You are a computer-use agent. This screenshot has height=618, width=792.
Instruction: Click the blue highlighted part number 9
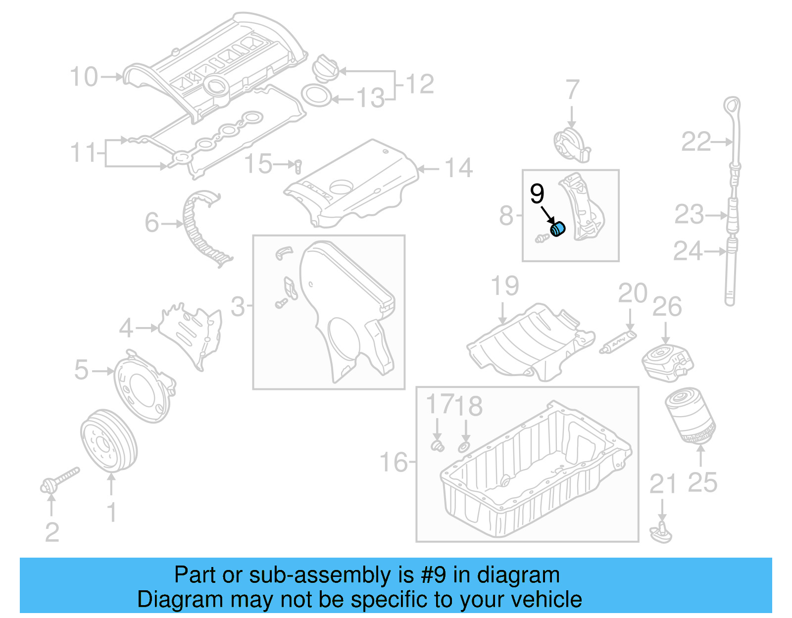[558, 230]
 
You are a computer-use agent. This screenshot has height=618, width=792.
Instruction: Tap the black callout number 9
[537, 194]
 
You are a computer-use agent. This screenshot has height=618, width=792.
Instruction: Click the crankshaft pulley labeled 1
[108, 440]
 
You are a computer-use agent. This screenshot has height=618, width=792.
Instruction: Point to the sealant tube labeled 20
[618, 342]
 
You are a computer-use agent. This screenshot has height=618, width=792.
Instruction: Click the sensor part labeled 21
[661, 533]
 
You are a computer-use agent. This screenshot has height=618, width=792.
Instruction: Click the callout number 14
[458, 168]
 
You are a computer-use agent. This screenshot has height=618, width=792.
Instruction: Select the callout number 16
[393, 462]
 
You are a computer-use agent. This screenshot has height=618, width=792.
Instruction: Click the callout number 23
[689, 215]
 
